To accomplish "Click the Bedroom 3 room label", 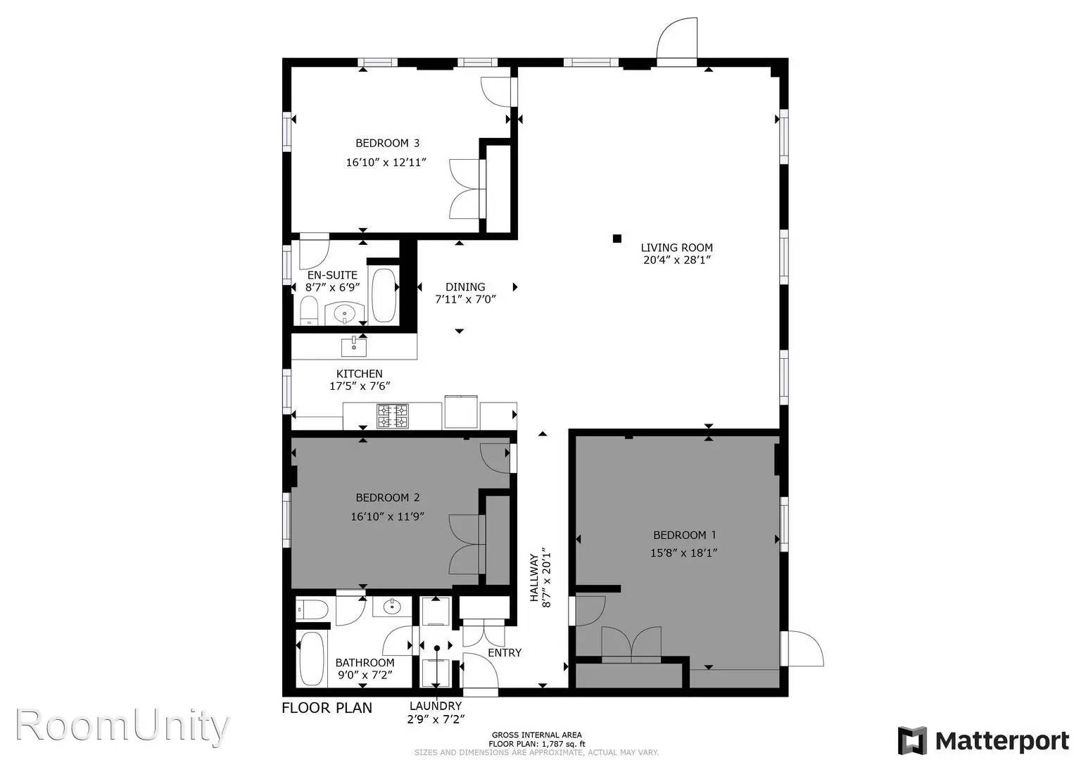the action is point(387,143).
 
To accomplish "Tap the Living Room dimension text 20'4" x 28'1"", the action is point(676,260).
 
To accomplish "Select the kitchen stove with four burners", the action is point(392,416).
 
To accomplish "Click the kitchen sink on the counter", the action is point(354,347).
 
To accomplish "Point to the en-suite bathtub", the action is point(384,296).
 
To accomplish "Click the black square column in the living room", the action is point(617,239).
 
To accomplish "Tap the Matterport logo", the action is point(983,741).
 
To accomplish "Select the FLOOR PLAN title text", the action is point(327,708).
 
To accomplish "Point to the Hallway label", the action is point(533,578).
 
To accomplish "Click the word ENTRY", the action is point(505,652).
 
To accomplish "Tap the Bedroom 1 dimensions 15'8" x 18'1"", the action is point(683,553).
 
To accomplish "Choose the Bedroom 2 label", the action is point(387,498).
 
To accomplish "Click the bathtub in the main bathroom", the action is point(310,659).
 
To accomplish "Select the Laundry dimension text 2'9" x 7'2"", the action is point(436,720).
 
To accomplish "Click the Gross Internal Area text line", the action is point(536,735).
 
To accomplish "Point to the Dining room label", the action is point(465,286).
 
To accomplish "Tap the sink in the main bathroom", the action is point(392,607).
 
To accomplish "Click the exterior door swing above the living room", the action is point(676,38).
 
